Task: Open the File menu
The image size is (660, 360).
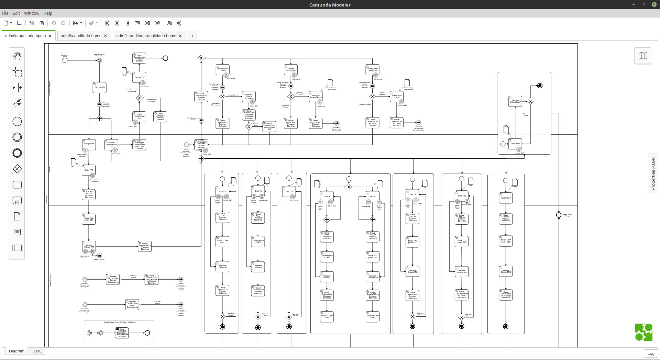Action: pos(5,13)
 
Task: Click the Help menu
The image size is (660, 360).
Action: pos(48,13)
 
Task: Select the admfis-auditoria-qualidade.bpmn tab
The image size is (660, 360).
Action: pos(146,36)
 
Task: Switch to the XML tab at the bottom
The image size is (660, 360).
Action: pos(37,351)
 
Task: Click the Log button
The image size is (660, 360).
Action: pos(651,353)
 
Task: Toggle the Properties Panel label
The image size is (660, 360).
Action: pos(653,173)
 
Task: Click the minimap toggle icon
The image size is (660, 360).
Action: pos(643,56)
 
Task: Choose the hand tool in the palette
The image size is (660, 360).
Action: pos(17,56)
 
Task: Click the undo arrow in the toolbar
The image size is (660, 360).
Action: pos(54,23)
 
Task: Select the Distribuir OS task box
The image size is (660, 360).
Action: pos(99,87)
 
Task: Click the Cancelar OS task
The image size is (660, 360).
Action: pos(139,77)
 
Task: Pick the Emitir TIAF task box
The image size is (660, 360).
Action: pos(89,170)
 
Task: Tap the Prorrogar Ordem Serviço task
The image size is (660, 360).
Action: pos(316,97)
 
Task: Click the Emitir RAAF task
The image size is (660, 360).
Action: pos(515,144)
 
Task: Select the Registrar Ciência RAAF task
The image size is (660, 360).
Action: pos(515,101)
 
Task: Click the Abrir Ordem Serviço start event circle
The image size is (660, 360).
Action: pos(65,60)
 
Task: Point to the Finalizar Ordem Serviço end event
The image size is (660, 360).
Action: pos(559,215)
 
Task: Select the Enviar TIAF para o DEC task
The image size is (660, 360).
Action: pos(89,218)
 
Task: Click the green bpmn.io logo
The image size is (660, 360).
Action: pos(643,332)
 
